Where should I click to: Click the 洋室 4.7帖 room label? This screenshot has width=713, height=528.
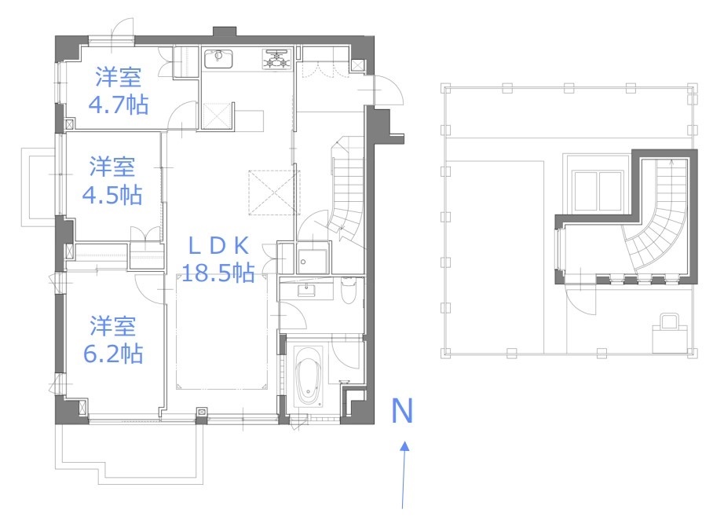click(119, 91)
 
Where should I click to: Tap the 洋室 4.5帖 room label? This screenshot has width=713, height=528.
click(112, 181)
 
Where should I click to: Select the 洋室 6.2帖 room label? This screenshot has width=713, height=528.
click(113, 340)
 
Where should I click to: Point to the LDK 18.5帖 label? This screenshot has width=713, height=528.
click(218, 259)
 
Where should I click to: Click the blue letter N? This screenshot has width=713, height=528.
click(402, 411)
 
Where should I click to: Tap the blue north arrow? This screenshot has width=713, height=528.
click(404, 474)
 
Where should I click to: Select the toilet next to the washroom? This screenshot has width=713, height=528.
click(349, 291)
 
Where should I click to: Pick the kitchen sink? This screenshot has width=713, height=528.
click(218, 59)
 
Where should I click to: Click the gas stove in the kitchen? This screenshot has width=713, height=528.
click(276, 59)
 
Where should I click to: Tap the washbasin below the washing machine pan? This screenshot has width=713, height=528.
click(306, 289)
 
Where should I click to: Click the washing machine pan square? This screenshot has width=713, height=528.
click(313, 262)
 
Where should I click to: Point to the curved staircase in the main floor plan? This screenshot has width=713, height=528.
click(348, 191)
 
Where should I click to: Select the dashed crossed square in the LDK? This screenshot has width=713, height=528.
click(274, 192)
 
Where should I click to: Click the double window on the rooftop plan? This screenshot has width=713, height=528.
click(597, 191)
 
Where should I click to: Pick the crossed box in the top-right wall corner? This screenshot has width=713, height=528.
click(357, 66)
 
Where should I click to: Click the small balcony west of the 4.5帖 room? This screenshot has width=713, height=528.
click(39, 187)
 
